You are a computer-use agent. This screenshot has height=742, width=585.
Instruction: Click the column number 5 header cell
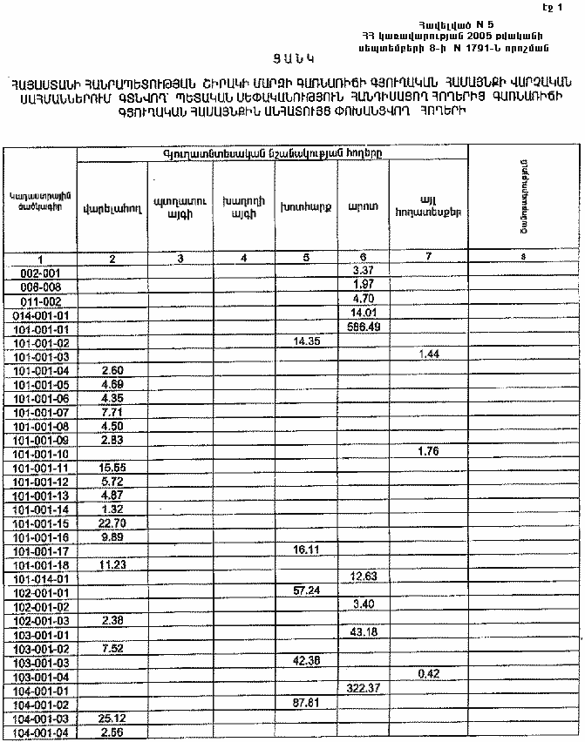coord(306,259)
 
